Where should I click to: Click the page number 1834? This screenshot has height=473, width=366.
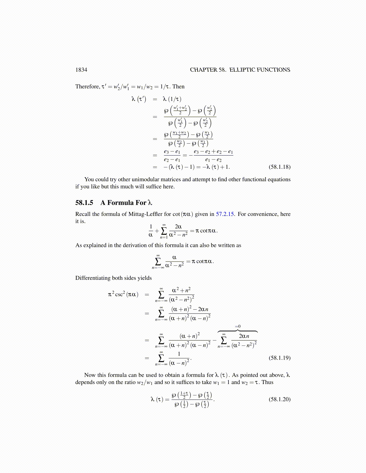pos(81,70)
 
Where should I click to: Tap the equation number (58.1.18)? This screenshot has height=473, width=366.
pos(280,167)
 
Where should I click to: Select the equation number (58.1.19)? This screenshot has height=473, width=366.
pos(280,358)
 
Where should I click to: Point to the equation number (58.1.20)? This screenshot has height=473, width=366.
pos(280,399)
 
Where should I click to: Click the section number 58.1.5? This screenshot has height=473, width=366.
pos(84,203)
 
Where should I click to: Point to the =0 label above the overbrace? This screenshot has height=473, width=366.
pos(237,326)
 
